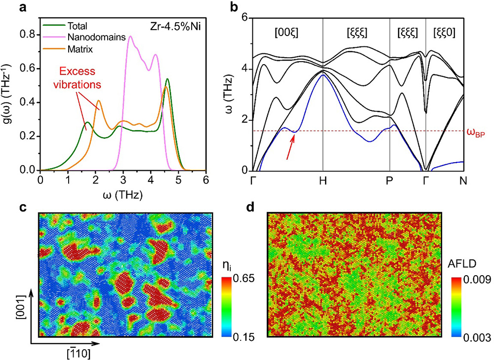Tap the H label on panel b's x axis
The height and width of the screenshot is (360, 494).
coord(323,180)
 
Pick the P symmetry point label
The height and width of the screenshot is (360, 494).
coord(390,180)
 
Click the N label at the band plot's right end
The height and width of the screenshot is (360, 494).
coord(463,180)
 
